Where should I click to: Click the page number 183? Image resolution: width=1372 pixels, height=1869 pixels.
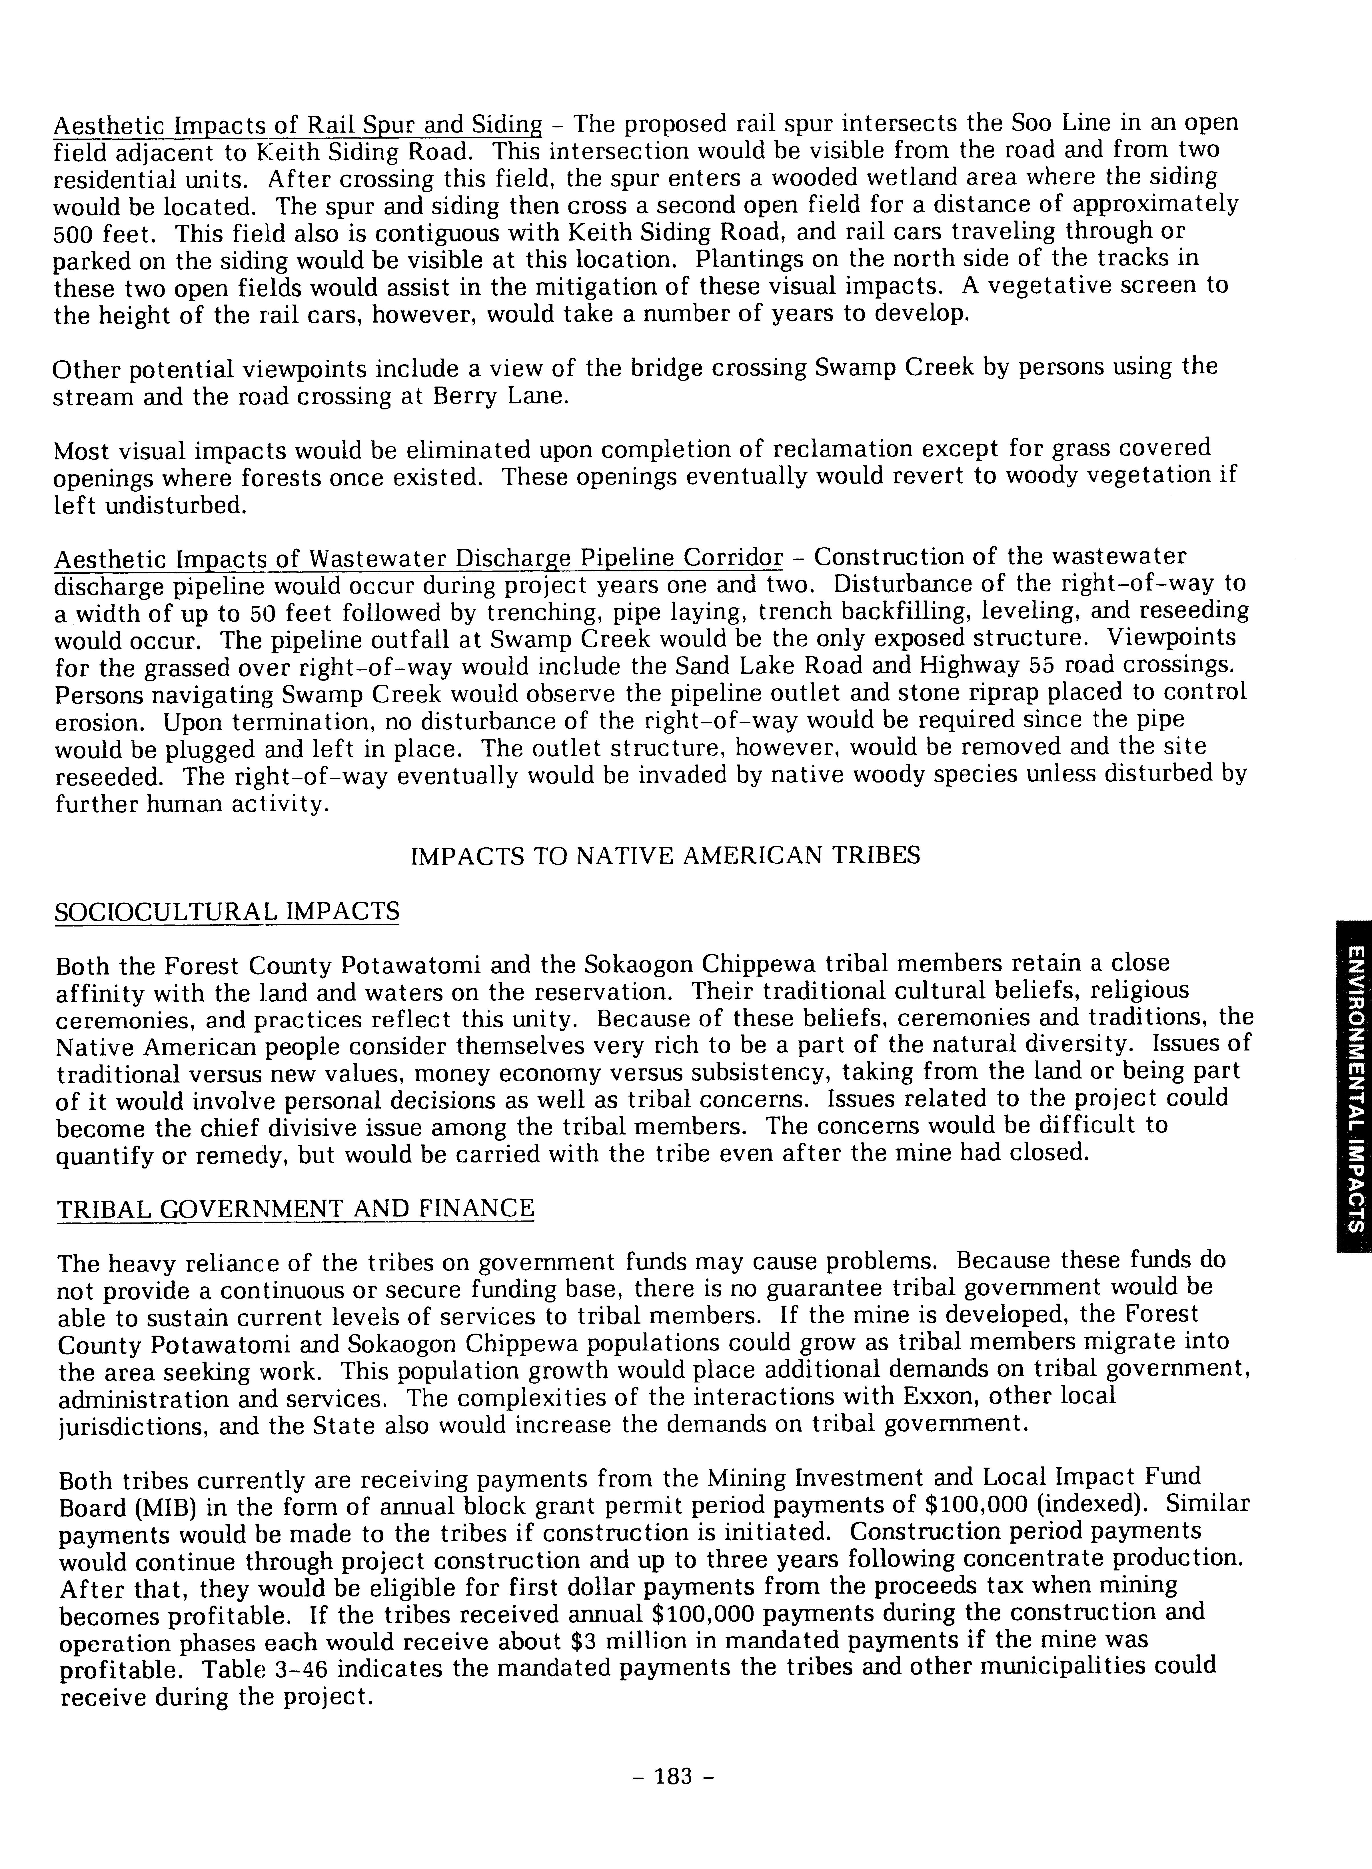pyautogui.click(x=673, y=1776)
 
